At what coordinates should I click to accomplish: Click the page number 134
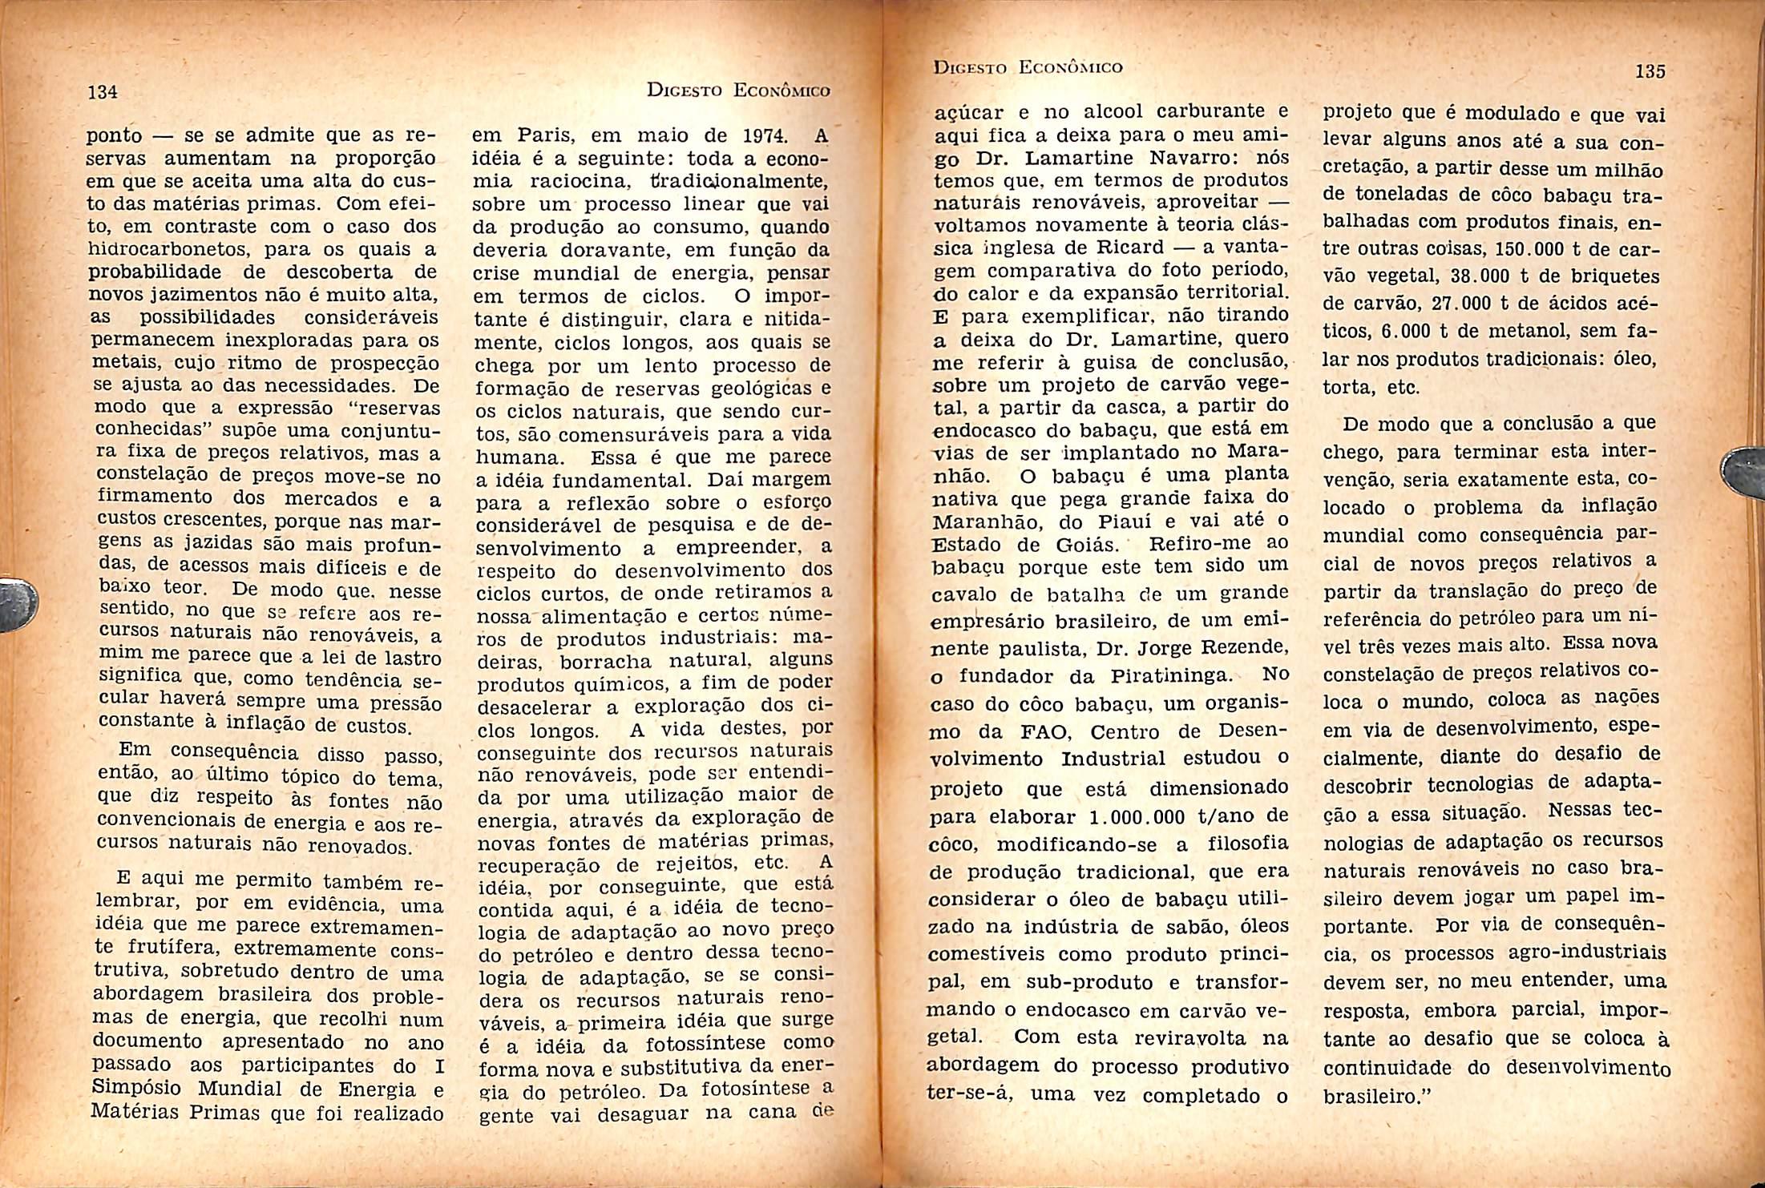[103, 92]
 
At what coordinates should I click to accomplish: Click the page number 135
[1650, 71]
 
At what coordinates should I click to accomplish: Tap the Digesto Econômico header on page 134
[737, 91]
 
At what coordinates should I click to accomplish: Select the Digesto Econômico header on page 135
[1028, 67]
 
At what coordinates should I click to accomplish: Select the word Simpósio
[138, 1089]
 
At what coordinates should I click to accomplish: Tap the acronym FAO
[1023, 731]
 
